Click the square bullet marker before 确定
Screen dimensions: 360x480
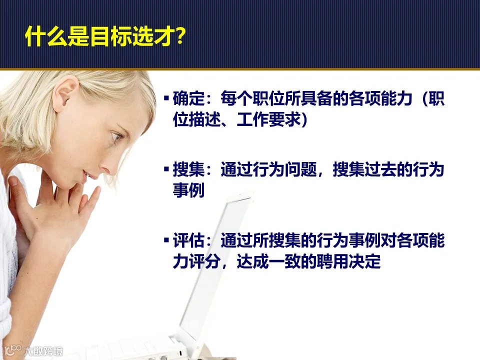coord(166,97)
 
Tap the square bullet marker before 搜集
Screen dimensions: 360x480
coord(166,169)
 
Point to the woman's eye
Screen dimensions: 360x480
coord(117,136)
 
